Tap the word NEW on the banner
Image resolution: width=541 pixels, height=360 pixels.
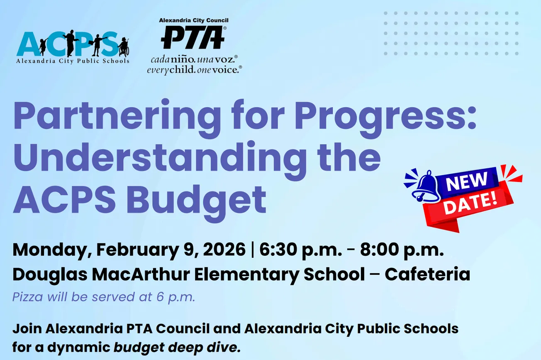(x=467, y=181)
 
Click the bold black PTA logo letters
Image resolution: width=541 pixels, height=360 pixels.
(x=193, y=38)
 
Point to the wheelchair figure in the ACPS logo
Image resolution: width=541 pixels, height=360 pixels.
(x=124, y=47)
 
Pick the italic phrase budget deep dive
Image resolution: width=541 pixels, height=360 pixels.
(x=177, y=347)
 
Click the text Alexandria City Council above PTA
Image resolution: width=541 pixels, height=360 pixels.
(x=194, y=20)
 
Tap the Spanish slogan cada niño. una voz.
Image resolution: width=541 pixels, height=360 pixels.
(x=194, y=59)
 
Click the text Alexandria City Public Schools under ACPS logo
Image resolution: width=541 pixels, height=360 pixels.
(x=73, y=61)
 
